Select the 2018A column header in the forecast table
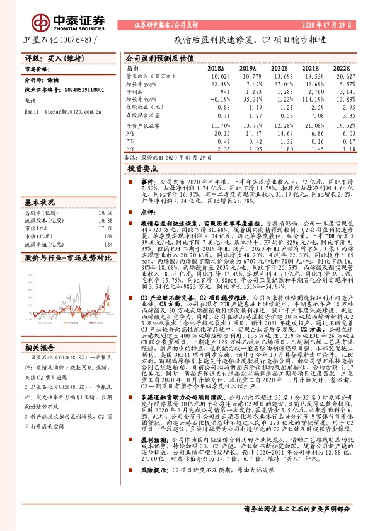click(216, 67)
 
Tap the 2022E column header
click(341, 67)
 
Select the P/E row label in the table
click(130, 133)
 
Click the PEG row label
click(130, 141)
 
